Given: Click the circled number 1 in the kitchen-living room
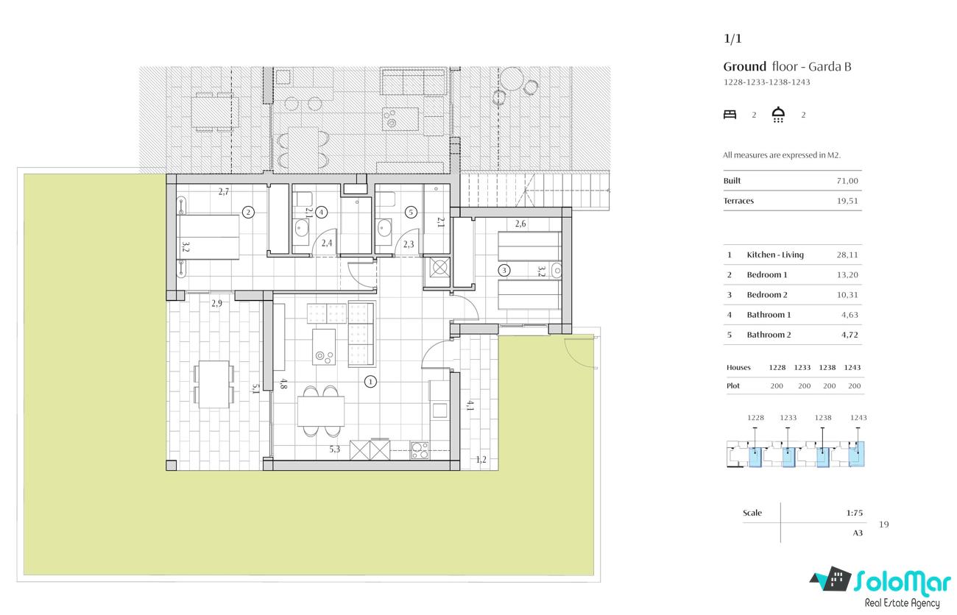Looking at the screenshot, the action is pos(370,381).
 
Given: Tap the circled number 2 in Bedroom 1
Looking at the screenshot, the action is pos(248,212).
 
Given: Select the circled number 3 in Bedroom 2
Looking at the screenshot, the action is pos(504,270).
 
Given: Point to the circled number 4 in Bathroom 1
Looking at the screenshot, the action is pos(321,212).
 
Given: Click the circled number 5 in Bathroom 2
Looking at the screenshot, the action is pos(411,212).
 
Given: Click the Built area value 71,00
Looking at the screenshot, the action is pos(847,181).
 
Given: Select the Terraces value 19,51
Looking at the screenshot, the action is pos(847,201).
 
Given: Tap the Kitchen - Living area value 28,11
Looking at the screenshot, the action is pos(847,255).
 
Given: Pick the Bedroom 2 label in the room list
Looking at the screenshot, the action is pos(767,295).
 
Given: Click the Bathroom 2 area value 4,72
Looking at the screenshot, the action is pos(850,335).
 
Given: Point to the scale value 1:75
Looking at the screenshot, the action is pos(855,513).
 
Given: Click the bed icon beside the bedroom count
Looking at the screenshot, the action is pos(730,115).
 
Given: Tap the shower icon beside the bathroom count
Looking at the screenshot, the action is pos(778,115).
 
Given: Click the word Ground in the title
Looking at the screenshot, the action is pos(745,67).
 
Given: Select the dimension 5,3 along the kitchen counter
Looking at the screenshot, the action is pos(334,449).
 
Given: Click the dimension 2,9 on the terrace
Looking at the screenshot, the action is pos(216,303).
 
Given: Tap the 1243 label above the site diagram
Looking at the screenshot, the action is pos(858,417).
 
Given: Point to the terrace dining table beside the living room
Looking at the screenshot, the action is pos(213,384).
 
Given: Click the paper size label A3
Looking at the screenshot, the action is pos(858,533).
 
